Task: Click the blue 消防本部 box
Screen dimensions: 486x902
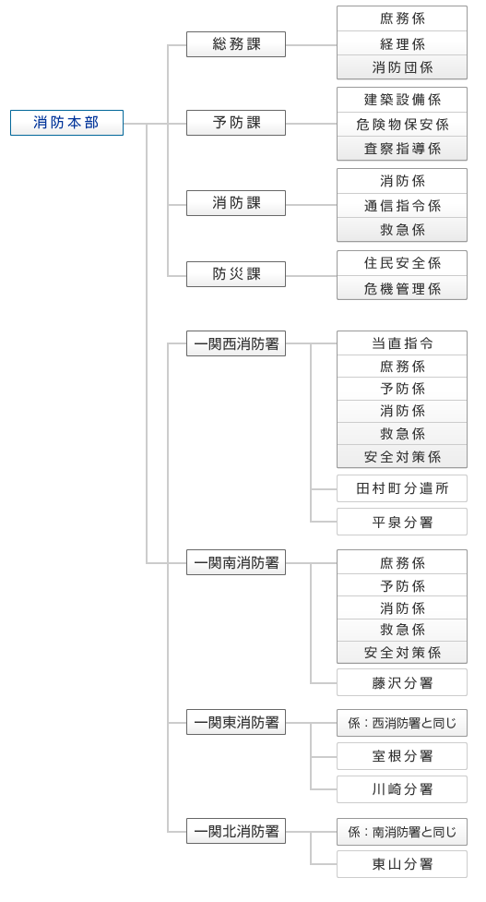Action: tap(66, 123)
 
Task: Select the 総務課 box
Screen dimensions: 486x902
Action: tap(236, 44)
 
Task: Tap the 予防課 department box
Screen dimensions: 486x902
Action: tap(236, 123)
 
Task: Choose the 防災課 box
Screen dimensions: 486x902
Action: tap(236, 274)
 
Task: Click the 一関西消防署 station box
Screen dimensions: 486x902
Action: tap(236, 343)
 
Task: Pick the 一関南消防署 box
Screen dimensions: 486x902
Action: tap(236, 562)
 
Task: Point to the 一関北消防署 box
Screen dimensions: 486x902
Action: tap(236, 831)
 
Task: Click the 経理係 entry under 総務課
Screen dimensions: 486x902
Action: tap(402, 43)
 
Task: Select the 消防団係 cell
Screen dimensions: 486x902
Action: tap(402, 67)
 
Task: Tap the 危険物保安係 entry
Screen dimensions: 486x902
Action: tap(402, 125)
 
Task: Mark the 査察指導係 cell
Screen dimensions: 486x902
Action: tap(402, 149)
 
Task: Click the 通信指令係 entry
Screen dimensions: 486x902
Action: tap(402, 205)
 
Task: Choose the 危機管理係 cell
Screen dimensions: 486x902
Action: tap(402, 288)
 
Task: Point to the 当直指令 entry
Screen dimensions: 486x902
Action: tap(402, 343)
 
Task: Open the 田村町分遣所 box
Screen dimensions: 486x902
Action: tap(402, 488)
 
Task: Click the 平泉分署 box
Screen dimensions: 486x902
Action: tap(402, 522)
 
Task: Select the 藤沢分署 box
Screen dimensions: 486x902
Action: tap(402, 682)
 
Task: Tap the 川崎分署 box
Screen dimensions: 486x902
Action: tap(402, 789)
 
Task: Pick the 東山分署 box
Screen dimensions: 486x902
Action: tap(402, 864)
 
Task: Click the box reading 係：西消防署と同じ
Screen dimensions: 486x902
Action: tap(402, 723)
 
